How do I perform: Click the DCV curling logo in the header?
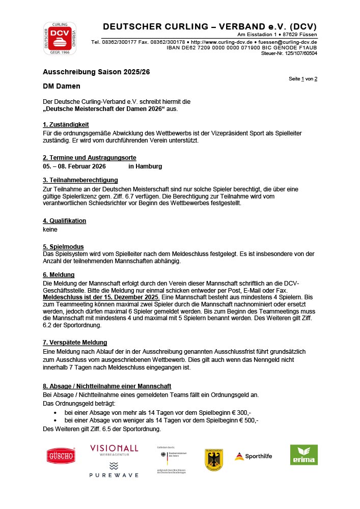point(60,38)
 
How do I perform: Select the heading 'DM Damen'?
point(61,87)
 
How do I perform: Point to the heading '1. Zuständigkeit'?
point(66,124)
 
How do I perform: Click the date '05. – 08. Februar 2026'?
point(74,166)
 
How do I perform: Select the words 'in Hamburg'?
point(145,166)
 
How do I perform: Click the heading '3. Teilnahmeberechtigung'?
point(80,180)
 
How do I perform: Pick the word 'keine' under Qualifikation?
point(50,230)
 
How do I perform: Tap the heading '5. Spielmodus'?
point(63,246)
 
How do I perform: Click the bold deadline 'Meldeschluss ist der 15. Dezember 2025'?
point(101,297)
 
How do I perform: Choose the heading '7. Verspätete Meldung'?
point(75,343)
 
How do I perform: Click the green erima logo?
point(303,455)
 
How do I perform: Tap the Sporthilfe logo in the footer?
point(253,456)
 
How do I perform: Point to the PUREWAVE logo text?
point(114,475)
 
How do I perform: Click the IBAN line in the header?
point(241,47)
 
